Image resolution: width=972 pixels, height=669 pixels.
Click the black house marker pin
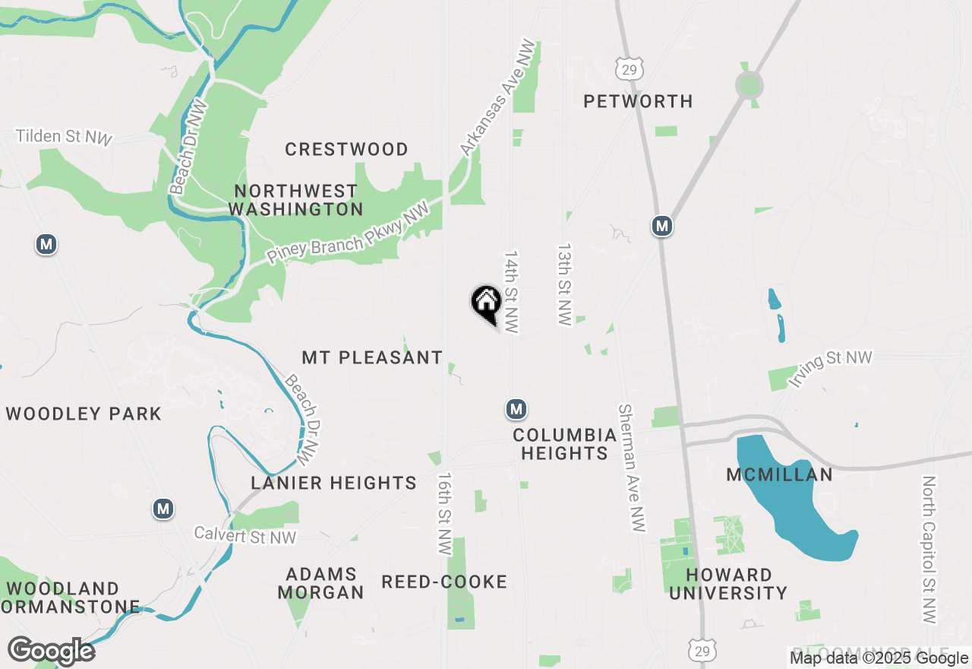point(486,303)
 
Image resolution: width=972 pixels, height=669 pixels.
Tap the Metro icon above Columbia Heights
point(516,409)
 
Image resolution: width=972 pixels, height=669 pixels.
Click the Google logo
point(52,652)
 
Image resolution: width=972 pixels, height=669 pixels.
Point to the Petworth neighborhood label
point(638,101)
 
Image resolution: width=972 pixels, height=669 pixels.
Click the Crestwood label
point(346,149)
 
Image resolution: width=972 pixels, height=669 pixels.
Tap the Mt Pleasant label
point(372,357)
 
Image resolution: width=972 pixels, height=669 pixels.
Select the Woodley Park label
point(84,414)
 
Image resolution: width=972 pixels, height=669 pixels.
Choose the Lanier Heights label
point(334,483)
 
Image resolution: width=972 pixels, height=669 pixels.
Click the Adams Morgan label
point(320,582)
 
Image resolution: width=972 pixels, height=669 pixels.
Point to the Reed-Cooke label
point(444,582)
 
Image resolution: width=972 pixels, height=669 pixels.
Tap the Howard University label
point(728,583)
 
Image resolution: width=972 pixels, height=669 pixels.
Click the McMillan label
point(779,474)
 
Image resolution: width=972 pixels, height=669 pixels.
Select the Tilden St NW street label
point(65,137)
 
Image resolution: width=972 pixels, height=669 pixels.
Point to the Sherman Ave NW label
point(632,468)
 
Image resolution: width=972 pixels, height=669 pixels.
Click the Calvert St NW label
point(245,535)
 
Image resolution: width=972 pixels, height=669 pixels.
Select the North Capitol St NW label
point(929,550)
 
